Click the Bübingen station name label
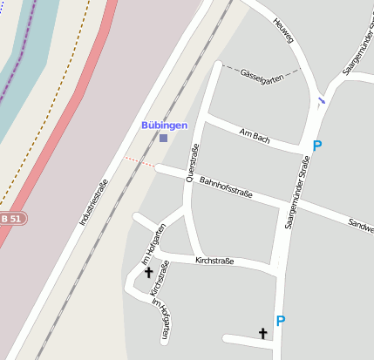[x=164, y=126]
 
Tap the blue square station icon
[x=163, y=137]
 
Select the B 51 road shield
[x=11, y=218]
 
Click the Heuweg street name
[x=282, y=31]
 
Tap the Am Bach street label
[x=254, y=134]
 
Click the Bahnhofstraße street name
[x=226, y=187]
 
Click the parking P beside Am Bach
[x=316, y=146]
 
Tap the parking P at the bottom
[x=280, y=321]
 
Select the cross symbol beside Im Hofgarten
[x=148, y=273]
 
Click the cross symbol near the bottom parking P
[x=262, y=333]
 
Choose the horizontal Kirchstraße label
[x=217, y=260]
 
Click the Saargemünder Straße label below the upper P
[x=297, y=191]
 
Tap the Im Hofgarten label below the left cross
[x=162, y=317]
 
